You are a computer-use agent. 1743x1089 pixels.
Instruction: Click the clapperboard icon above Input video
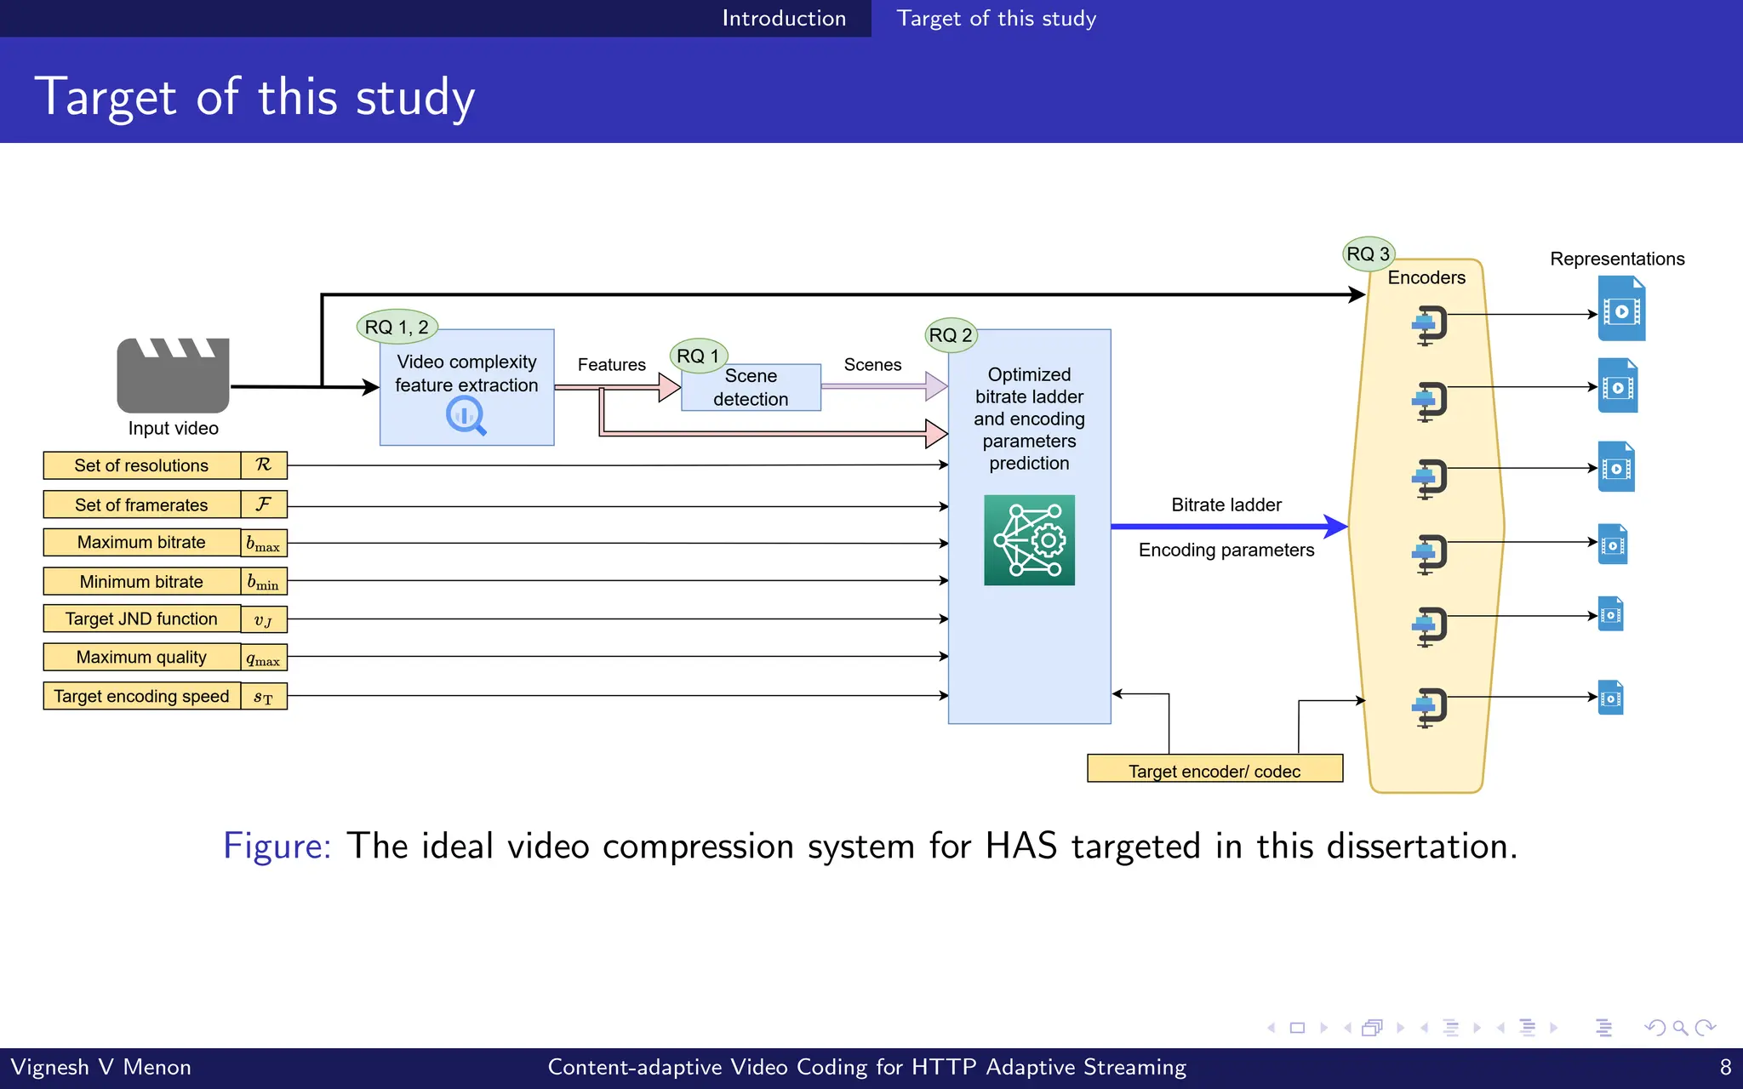click(173, 375)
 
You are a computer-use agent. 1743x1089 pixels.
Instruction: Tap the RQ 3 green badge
click(1368, 254)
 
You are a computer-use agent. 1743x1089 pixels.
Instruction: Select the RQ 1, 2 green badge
click(397, 327)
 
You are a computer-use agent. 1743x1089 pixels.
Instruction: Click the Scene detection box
click(751, 388)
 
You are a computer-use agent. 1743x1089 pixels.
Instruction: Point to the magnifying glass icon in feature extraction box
click(466, 416)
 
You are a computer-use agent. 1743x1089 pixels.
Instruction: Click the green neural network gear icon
click(1029, 540)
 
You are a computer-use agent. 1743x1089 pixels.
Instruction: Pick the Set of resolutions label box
click(141, 465)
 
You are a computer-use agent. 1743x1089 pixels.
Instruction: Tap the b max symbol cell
click(263, 543)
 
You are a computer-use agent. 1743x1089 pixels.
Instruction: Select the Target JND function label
click(141, 619)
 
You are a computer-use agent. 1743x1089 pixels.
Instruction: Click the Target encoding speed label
click(141, 696)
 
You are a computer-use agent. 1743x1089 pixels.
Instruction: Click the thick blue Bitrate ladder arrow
click(1228, 527)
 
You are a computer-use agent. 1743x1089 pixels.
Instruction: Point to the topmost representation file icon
click(1620, 310)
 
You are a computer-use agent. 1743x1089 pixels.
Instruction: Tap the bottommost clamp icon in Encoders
click(1430, 707)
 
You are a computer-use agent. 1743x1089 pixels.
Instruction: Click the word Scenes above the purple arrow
click(872, 365)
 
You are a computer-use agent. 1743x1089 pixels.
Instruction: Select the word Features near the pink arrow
click(611, 365)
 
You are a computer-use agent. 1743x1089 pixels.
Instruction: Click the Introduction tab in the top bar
click(783, 18)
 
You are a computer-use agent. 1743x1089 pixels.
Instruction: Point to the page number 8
click(1725, 1067)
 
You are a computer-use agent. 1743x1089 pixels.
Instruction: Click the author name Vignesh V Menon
click(100, 1067)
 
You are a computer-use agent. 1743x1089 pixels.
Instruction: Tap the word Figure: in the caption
click(277, 846)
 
